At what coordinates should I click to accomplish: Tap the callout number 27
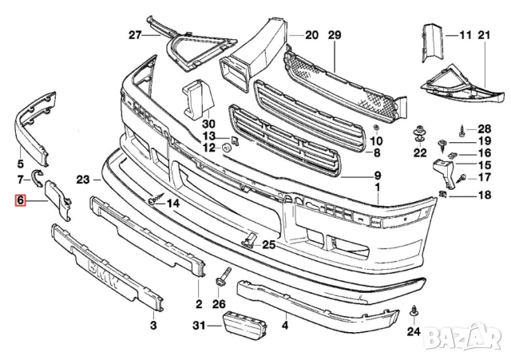pyautogui.click(x=134, y=35)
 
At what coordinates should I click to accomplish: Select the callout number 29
pyautogui.click(x=334, y=35)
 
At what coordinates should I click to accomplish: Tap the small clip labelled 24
pyautogui.click(x=414, y=309)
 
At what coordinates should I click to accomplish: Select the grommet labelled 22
pyautogui.click(x=418, y=131)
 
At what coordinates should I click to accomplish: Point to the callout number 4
pyautogui.click(x=284, y=325)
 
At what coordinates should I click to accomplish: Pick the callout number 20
pyautogui.click(x=311, y=35)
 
